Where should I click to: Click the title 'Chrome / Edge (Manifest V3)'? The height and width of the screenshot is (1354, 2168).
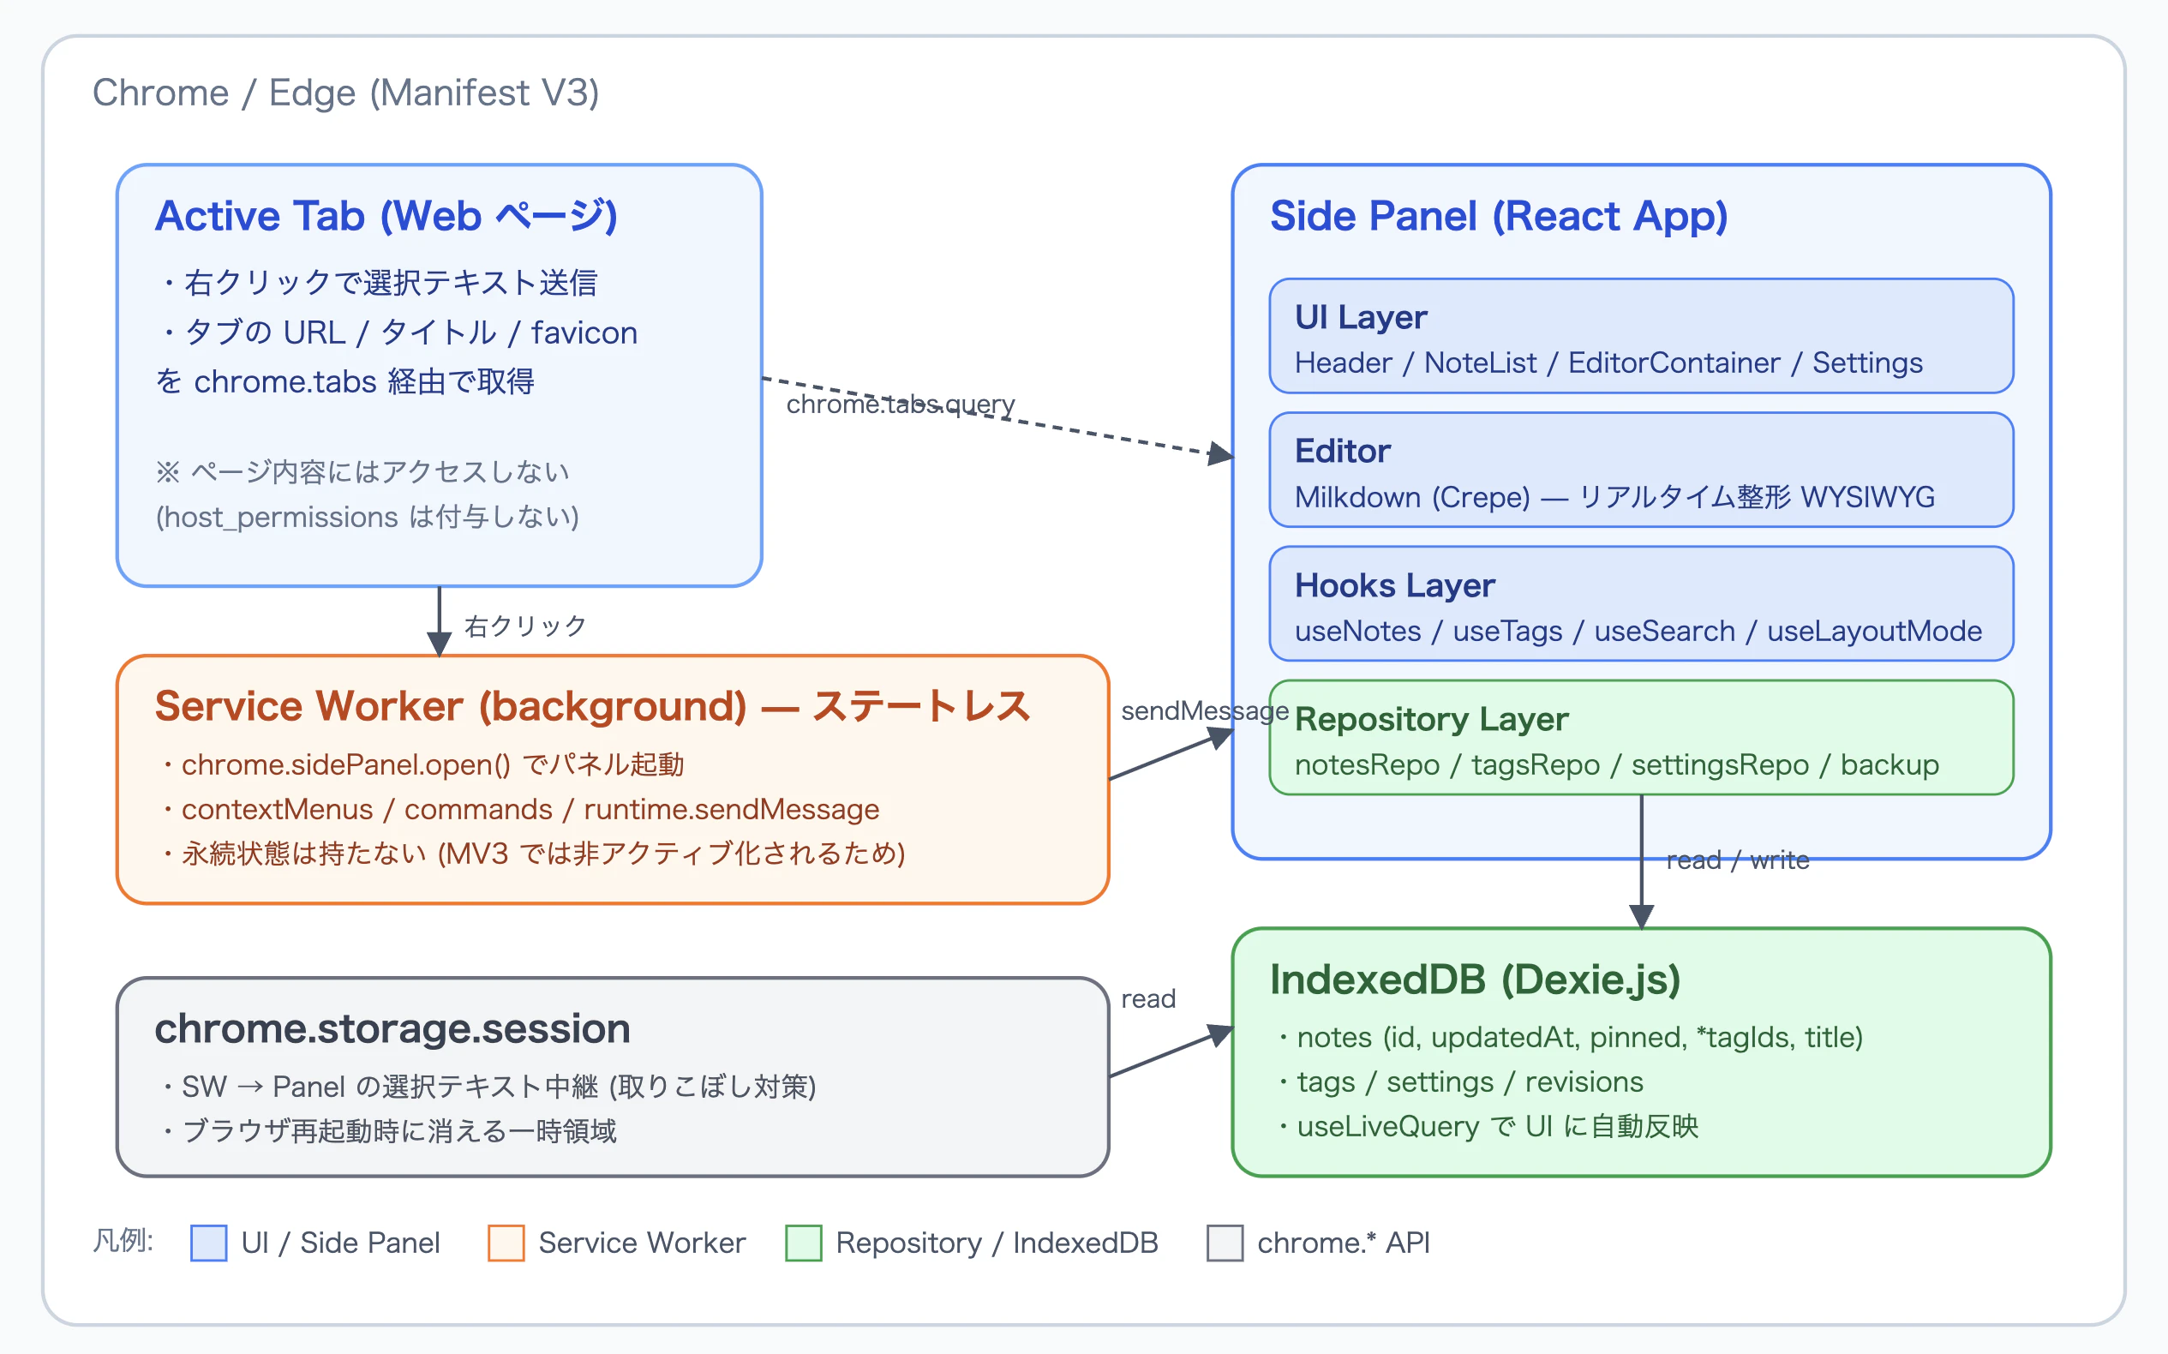coord(345,93)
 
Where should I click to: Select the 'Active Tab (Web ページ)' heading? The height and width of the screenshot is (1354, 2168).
coord(386,216)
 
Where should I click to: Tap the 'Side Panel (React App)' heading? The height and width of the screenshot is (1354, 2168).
coord(1498,216)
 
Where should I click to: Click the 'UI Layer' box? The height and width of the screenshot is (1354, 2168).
coord(1640,336)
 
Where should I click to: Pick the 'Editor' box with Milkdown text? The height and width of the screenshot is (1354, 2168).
coord(1640,470)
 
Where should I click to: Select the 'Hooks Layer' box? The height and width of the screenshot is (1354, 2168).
coord(1640,603)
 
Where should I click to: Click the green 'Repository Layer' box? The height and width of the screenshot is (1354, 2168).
coord(1640,738)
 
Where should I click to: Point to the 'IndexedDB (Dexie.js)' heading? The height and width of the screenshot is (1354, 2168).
coord(1475,980)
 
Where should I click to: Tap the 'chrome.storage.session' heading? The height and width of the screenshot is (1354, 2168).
coord(392,1028)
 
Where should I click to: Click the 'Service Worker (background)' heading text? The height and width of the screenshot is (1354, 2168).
coord(451,705)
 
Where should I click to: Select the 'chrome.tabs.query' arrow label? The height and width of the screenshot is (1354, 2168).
coord(900,404)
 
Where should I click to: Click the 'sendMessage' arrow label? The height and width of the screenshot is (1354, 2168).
coord(1205,711)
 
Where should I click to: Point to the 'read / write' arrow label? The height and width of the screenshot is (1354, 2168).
coord(1737,860)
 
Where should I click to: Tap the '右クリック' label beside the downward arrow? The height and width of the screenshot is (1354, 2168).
coord(525,625)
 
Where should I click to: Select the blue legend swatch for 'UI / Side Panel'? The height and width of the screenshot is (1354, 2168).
coord(208,1243)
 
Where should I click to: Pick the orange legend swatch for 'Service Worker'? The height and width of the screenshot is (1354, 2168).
coord(506,1243)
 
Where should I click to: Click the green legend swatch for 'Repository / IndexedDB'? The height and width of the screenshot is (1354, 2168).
coord(803,1243)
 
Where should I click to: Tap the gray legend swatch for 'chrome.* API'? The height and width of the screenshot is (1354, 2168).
coord(1225,1243)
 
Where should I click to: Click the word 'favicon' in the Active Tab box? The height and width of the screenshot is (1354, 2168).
coord(584,333)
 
